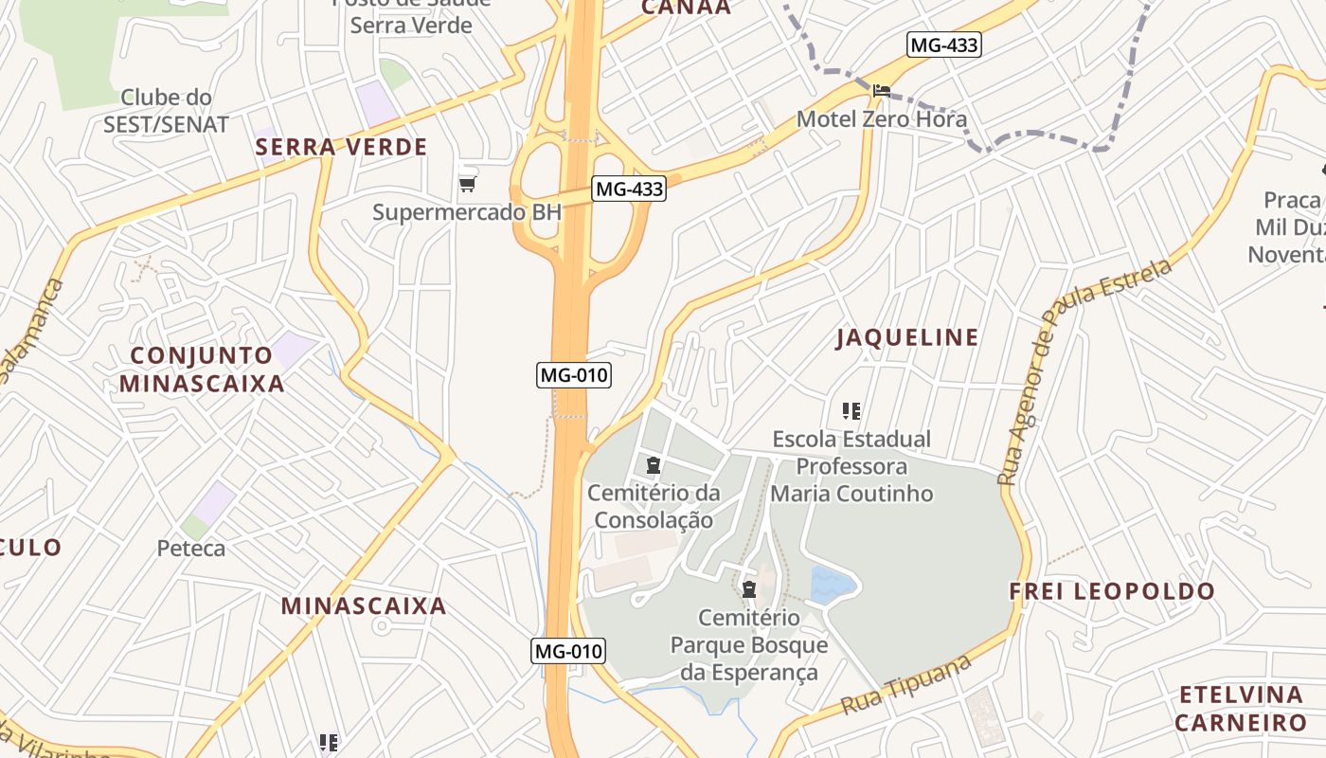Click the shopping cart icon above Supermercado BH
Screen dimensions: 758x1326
pos(466,183)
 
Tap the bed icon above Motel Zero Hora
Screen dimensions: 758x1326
pos(882,90)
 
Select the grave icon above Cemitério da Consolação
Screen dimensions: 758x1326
pos(653,465)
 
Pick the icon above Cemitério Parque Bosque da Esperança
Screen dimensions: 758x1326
pos(749,588)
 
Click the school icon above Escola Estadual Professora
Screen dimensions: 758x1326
pos(851,411)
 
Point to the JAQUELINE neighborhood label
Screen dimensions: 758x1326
pos(907,338)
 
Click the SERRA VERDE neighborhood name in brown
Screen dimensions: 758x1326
pos(341,147)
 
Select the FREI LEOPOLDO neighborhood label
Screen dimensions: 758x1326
pos(1112,592)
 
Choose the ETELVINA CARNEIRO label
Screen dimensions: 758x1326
pos(1241,709)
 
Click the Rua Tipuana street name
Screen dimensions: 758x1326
pos(906,684)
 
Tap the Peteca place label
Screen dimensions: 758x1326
pos(191,549)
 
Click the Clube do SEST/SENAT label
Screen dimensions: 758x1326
pos(166,111)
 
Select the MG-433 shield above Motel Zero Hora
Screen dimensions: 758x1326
pos(943,45)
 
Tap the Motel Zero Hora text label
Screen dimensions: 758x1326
pos(882,119)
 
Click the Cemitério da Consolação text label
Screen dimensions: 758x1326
pos(654,506)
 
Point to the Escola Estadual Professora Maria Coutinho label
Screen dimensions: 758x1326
pos(851,466)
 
